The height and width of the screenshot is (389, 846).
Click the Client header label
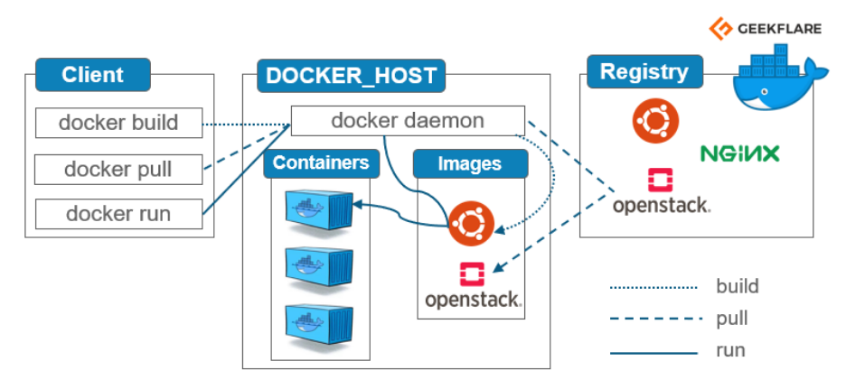(x=91, y=74)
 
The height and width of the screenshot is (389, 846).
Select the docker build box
(x=118, y=123)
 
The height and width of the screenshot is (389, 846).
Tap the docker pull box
(x=117, y=169)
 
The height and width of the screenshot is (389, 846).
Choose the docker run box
(x=117, y=214)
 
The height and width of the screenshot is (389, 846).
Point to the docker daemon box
(x=408, y=120)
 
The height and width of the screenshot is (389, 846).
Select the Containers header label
(x=321, y=163)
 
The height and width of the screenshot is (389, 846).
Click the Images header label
(x=470, y=164)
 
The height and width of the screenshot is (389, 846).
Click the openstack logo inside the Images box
(x=473, y=285)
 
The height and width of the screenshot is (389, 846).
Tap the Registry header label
(x=644, y=71)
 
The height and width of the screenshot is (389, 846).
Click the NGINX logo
(x=739, y=153)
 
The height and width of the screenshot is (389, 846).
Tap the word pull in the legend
(x=731, y=319)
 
